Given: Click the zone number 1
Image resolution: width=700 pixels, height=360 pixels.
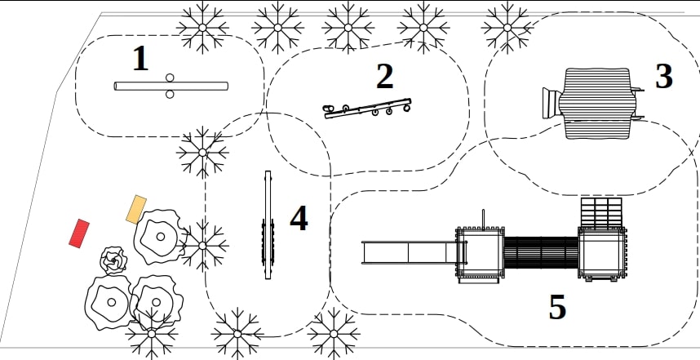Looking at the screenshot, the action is point(140,59).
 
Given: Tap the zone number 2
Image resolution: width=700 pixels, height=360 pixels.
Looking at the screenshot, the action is point(385,77).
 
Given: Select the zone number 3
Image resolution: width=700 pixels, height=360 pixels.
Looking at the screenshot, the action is point(664,77).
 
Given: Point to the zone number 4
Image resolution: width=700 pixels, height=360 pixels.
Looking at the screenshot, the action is point(299,219).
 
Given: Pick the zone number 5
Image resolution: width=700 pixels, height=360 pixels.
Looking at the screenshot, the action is point(557,307).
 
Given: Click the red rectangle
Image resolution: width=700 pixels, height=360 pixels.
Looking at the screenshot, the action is point(79,233).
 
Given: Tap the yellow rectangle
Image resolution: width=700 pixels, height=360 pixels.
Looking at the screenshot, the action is point(136,210).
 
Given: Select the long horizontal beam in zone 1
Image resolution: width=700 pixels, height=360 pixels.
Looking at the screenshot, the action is point(171,86).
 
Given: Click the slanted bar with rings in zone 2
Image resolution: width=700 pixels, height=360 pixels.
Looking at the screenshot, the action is point(367,109).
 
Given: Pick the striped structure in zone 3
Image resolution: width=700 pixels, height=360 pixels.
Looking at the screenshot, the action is point(597,103).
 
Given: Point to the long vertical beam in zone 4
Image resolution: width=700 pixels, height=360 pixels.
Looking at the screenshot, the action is point(268,224).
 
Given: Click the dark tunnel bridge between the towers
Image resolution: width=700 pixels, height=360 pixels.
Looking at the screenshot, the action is point(541,252).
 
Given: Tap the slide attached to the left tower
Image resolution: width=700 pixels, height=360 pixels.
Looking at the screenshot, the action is point(409,252).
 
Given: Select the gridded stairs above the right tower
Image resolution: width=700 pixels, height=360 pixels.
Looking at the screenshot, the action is point(601,212).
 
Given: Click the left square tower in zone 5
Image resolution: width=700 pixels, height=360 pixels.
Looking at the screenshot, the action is point(480,253).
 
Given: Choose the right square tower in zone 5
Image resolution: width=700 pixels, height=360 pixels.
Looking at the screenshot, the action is point(602,253).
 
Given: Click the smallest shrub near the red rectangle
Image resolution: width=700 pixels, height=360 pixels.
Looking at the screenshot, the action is point(113,260).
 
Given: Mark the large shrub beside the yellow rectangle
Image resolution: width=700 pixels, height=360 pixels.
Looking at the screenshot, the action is point(159,236).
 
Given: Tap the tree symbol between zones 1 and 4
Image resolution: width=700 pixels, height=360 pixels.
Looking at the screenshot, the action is point(202,153).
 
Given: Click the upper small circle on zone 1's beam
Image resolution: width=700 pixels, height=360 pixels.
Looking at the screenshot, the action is point(170,78).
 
